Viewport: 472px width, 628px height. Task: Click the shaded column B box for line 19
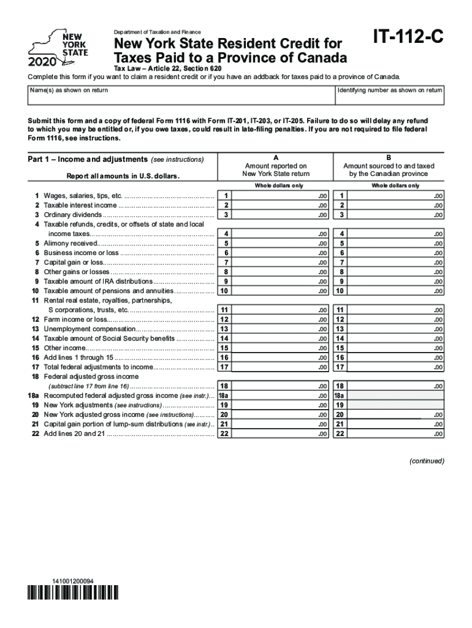point(396,405)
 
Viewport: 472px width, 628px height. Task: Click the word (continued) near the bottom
point(427,461)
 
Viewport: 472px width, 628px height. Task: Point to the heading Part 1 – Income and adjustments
point(88,159)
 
